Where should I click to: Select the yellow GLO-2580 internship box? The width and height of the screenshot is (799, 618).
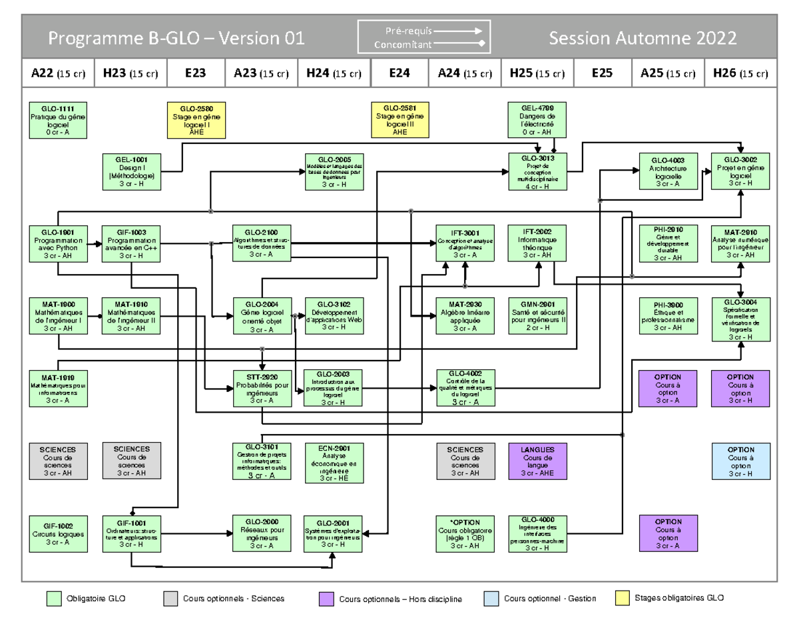tap(197, 120)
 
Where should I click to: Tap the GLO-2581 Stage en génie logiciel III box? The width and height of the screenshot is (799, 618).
tap(400, 120)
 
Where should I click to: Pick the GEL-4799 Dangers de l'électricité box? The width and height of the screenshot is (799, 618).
tap(537, 120)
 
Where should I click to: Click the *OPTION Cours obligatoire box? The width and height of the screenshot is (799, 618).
tap(465, 533)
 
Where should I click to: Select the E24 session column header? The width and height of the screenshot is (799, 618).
tap(399, 73)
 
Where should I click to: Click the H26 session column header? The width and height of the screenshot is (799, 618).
tap(740, 73)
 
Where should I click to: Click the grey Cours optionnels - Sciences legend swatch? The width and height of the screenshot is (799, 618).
tap(170, 599)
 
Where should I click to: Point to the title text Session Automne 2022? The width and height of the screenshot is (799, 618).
tap(642, 38)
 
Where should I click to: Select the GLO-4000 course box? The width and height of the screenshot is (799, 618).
tap(537, 533)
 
